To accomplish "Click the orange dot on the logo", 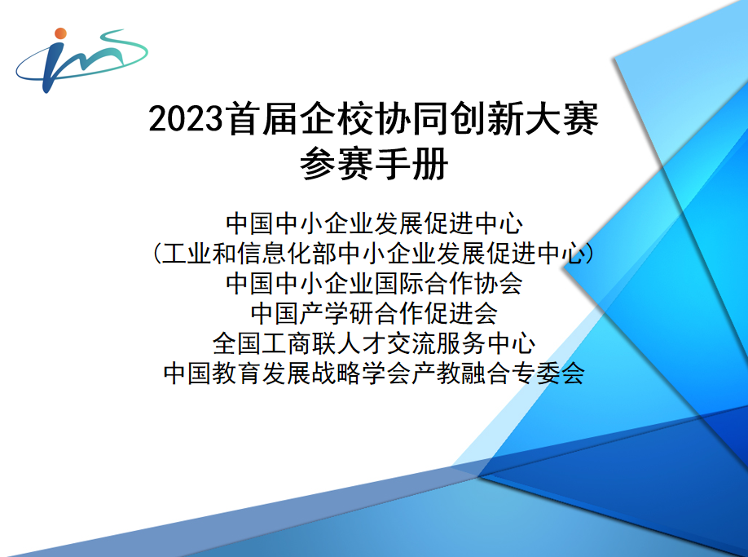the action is [60, 33].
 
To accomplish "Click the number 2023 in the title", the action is [186, 118].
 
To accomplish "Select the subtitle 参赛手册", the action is [374, 164].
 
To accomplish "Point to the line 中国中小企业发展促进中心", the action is [374, 223].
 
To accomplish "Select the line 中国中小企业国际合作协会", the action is [374, 283].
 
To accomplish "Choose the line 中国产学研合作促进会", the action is [374, 313].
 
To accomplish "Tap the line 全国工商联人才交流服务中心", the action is [374, 343].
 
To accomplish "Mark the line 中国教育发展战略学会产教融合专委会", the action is [374, 373].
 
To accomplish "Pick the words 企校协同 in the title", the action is [375, 118].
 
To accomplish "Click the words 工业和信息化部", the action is [249, 253].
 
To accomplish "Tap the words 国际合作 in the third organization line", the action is [424, 283].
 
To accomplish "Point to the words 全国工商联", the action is [275, 343].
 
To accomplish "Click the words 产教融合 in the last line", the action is [461, 373].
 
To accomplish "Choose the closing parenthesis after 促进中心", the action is [590, 253].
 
